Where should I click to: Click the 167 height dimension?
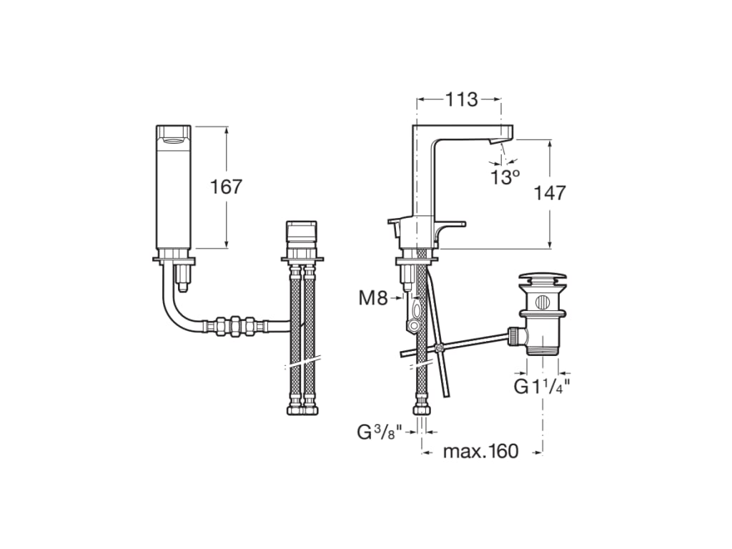226,187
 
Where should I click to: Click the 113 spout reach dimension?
461,99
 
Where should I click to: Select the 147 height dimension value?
550,193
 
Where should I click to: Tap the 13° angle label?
505,177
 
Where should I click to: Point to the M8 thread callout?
372,298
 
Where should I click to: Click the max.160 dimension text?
480,452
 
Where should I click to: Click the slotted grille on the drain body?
543,300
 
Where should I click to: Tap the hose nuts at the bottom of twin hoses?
302,410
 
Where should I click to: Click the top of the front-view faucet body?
174,133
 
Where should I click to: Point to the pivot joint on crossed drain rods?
439,347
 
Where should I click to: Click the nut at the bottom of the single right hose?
422,410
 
